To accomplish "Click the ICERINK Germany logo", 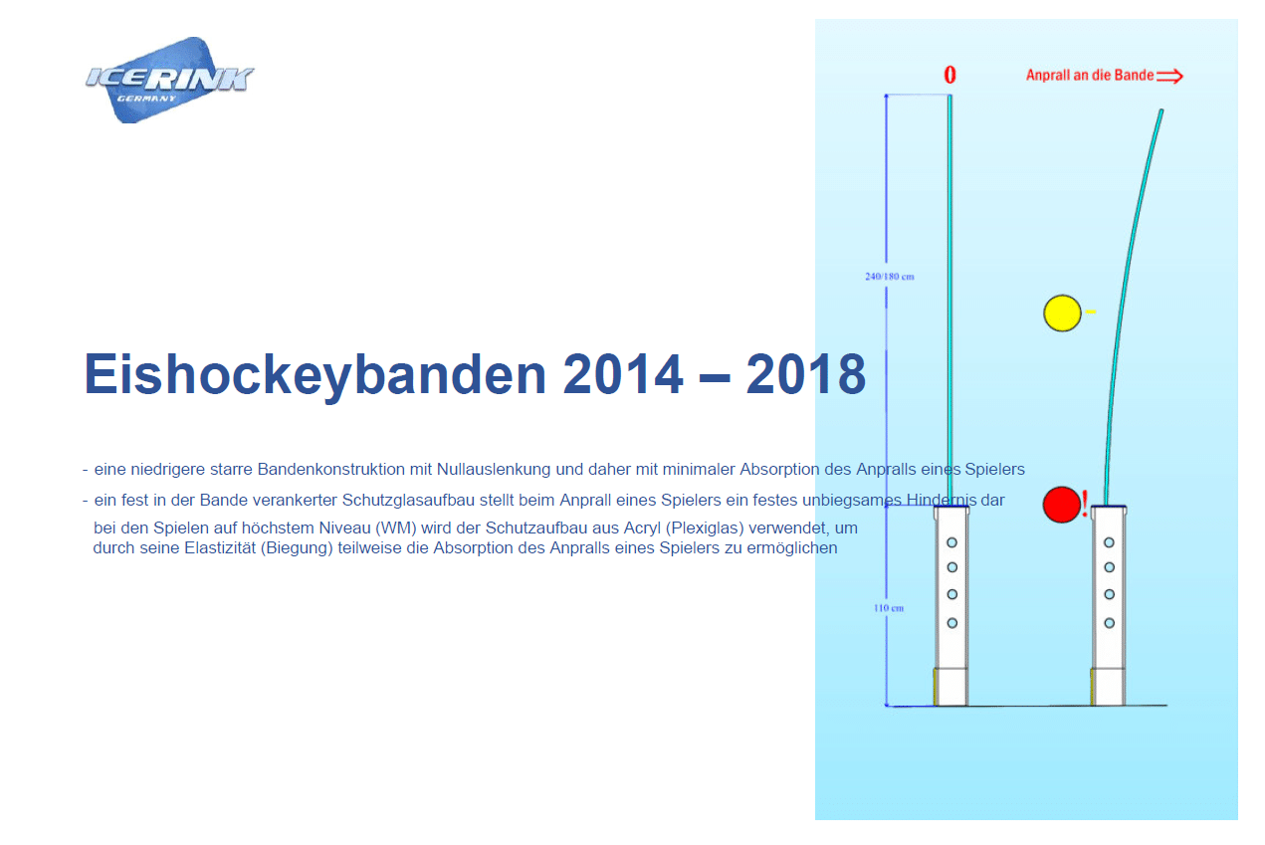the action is pyautogui.click(x=169, y=79).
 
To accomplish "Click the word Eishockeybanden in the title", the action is pyautogui.click(x=316, y=374).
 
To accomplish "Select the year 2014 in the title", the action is pyautogui.click(x=623, y=373).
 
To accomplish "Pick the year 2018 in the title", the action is pyautogui.click(x=806, y=373).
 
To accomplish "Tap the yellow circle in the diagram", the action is pyautogui.click(x=1062, y=313).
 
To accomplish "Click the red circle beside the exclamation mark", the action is pyautogui.click(x=1062, y=505).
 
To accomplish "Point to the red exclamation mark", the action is pyautogui.click(x=1085, y=504).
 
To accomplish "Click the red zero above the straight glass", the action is pyautogui.click(x=949, y=75).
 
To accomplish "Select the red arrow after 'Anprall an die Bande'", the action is pyautogui.click(x=1169, y=76).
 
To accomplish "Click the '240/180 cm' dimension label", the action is pyautogui.click(x=890, y=277).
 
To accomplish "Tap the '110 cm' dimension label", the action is pyautogui.click(x=889, y=608).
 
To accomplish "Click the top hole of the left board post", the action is pyautogui.click(x=952, y=542).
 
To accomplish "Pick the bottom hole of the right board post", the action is pyautogui.click(x=1109, y=623).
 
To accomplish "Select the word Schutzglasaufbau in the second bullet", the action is pyautogui.click(x=408, y=501).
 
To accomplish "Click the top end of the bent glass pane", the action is pyautogui.click(x=1161, y=110).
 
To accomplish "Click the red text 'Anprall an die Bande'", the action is pyautogui.click(x=1090, y=75).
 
